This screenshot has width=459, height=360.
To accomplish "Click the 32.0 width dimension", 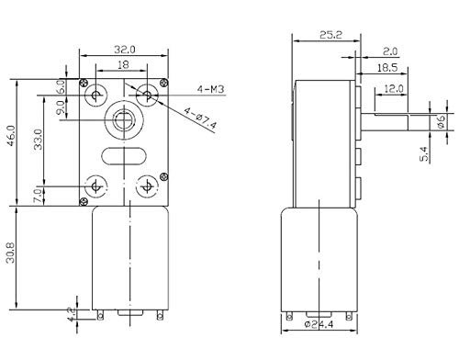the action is [x=125, y=50].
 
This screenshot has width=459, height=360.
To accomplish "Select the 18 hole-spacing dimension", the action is [x=123, y=64].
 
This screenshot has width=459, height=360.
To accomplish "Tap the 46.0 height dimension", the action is [x=11, y=136].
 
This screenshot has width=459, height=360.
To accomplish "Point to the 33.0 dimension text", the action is [x=39, y=140].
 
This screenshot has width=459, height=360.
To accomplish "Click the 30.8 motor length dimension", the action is [x=10, y=253].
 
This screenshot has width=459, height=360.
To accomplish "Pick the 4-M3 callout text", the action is [x=211, y=89].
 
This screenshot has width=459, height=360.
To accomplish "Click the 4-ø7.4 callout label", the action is [x=200, y=118].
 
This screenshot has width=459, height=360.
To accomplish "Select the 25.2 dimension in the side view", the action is [x=330, y=35].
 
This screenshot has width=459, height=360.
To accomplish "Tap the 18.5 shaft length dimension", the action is [x=387, y=68].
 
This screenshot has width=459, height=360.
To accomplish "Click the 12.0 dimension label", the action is [x=394, y=89].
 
